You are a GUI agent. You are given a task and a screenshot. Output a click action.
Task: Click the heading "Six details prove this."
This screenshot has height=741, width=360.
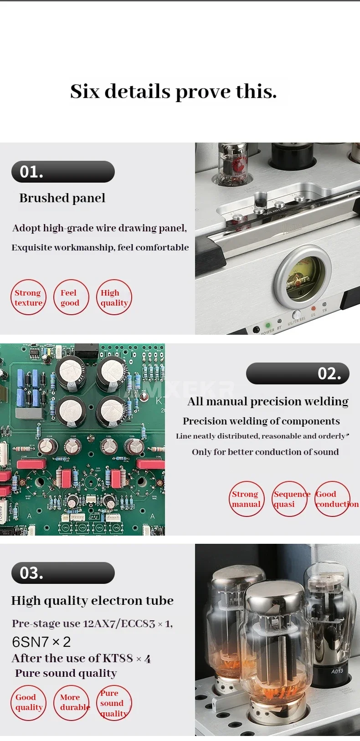[x=173, y=91]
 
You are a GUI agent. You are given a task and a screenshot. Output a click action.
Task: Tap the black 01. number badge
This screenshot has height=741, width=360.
[x=63, y=172]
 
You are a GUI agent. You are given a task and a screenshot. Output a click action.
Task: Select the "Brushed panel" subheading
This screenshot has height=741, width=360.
[x=62, y=198]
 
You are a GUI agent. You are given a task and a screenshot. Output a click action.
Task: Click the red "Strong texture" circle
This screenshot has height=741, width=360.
[x=28, y=297]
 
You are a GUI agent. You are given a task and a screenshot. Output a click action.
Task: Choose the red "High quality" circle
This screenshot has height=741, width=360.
[x=114, y=297]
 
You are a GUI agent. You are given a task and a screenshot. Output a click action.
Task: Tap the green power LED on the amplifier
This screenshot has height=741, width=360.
[x=267, y=325]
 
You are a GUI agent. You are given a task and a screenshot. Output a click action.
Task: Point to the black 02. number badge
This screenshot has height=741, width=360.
[x=298, y=373]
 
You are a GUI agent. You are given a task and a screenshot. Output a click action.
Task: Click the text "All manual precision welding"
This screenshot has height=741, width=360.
[x=267, y=401]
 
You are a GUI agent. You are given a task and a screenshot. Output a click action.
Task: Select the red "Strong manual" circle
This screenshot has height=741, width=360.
[x=247, y=499]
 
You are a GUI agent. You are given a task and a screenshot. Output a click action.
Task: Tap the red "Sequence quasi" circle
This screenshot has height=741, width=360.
[x=289, y=499]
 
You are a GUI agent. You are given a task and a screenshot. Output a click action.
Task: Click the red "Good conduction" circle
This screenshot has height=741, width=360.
[x=332, y=499]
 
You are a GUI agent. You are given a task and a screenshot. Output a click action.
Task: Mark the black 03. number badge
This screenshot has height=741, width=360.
[x=63, y=572]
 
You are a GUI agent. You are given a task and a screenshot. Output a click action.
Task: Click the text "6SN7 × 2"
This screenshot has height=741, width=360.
[x=41, y=642]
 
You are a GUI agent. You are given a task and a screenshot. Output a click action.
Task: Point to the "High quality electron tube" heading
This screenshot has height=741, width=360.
[x=93, y=601]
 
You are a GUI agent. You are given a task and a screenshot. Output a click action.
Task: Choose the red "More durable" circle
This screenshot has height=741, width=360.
[x=72, y=703]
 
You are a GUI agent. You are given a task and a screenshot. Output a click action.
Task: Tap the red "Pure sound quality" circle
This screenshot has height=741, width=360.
[x=114, y=703]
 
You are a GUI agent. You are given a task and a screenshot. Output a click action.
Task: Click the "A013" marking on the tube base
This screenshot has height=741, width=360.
[x=337, y=671]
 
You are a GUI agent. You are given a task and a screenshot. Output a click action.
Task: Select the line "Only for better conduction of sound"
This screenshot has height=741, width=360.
[x=265, y=452]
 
